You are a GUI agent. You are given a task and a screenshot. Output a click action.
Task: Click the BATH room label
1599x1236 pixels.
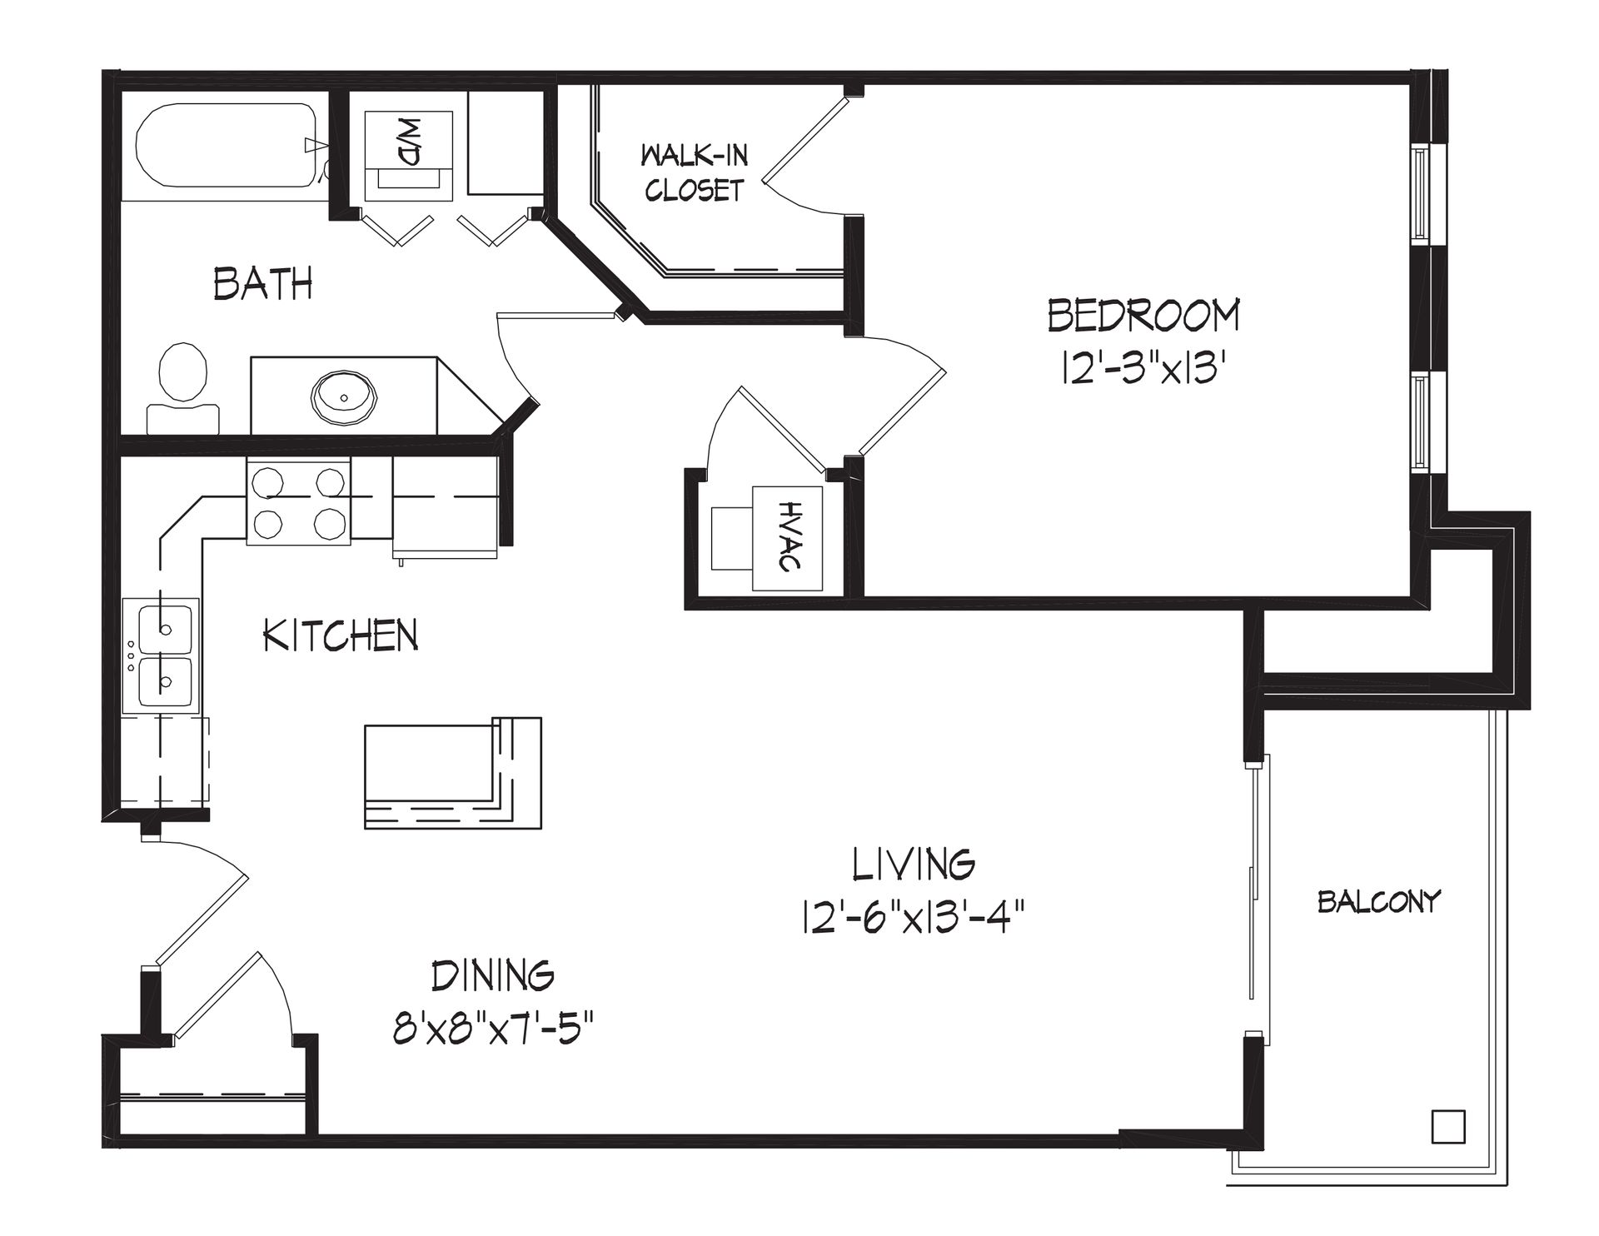tap(263, 283)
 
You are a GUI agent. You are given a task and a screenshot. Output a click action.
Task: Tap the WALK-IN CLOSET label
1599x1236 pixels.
tap(694, 172)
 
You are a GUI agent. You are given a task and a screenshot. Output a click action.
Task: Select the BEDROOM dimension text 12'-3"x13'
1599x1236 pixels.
tap(1145, 366)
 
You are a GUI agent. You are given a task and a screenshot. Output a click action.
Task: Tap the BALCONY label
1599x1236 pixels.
tap(1378, 901)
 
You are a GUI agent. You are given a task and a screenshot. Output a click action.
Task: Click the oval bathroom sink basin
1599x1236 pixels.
tap(344, 395)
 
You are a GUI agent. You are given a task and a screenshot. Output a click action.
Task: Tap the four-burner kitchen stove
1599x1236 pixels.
tap(298, 502)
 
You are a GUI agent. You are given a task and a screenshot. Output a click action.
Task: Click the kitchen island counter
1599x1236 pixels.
tap(453, 773)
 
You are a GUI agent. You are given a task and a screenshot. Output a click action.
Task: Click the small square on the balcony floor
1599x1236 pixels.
tap(1447, 1127)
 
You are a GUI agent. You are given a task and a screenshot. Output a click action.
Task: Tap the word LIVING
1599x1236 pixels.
tap(913, 864)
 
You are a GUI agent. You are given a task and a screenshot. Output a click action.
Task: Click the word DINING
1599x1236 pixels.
tap(493, 974)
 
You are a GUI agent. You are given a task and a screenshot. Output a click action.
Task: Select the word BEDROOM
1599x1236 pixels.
tap(1143, 316)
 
